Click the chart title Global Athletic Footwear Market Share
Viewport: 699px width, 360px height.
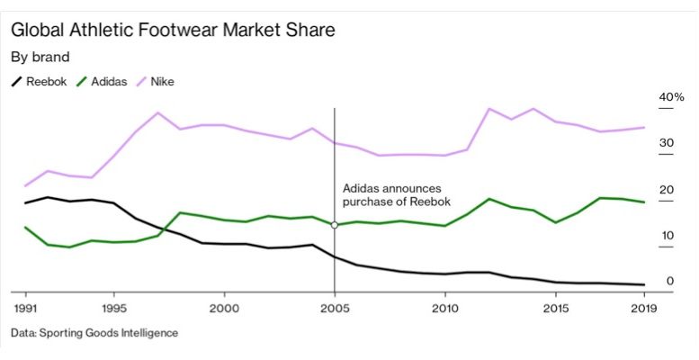pyautogui.click(x=173, y=30)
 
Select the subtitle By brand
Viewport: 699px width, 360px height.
pyautogui.click(x=40, y=57)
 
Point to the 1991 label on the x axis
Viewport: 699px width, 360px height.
pyautogui.click(x=25, y=308)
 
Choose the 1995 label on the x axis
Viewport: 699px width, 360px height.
pyautogui.click(x=113, y=308)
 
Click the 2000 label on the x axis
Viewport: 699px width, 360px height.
pyautogui.click(x=224, y=308)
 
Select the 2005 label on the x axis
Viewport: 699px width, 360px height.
pyautogui.click(x=335, y=308)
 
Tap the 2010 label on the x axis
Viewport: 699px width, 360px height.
pyautogui.click(x=444, y=308)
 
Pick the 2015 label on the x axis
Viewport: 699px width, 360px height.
pyautogui.click(x=555, y=308)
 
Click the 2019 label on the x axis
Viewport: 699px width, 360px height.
pyautogui.click(x=643, y=308)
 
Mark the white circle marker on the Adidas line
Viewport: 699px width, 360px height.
pyautogui.click(x=335, y=225)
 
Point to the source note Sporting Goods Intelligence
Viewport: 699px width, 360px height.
pyautogui.click(x=94, y=333)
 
